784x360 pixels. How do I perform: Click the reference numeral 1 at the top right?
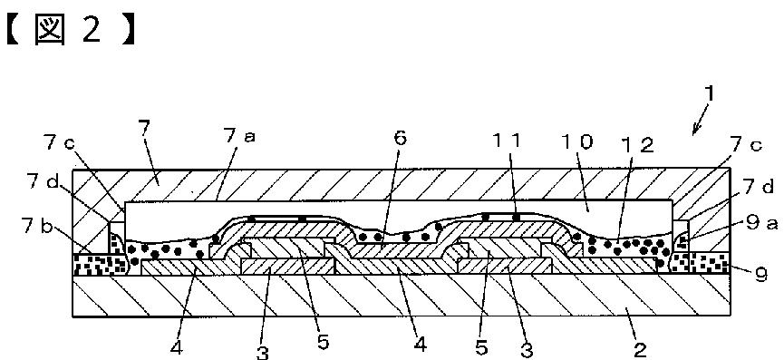coord(711,95)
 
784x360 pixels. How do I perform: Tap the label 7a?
coord(239,135)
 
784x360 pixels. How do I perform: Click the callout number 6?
coord(401,139)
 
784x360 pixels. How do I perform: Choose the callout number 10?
coord(576,142)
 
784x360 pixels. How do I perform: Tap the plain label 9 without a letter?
coord(760,274)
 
